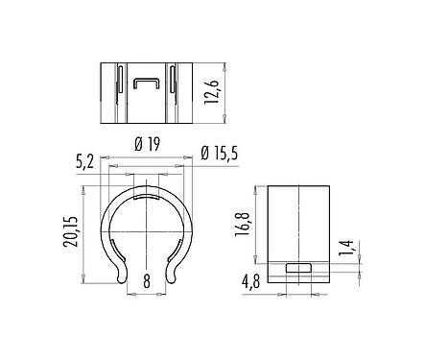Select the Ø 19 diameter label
(146, 143)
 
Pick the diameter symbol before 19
(139, 143)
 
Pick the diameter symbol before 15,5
(206, 151)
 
